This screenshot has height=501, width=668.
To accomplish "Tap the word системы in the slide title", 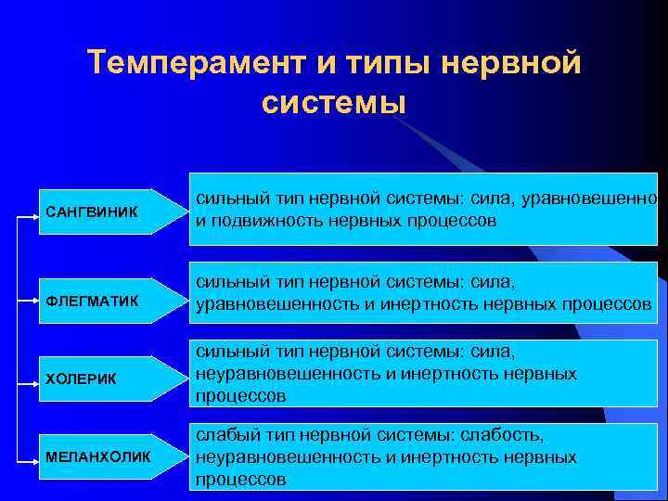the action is coord(334,100).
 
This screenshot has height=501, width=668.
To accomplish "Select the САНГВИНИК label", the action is coord(91,212).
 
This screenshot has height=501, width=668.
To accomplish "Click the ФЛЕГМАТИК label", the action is coord(92,301).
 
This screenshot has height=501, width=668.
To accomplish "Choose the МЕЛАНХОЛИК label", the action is coord(97,458).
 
